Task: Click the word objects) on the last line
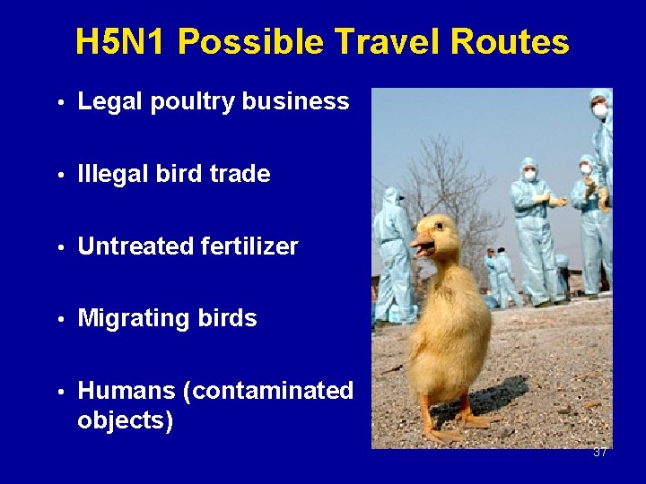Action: pos(125,420)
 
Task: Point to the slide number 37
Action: pos(599,453)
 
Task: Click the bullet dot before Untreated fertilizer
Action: pos(59,247)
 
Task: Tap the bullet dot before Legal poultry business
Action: pos(59,103)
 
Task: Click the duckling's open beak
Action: pos(422,243)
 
